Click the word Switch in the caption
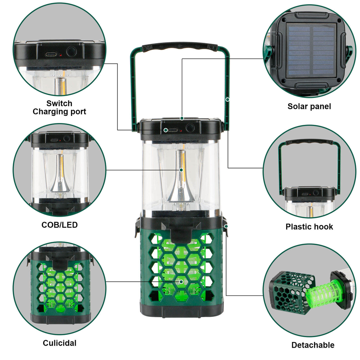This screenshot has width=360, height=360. coord(59,103)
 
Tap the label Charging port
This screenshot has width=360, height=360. coord(59,112)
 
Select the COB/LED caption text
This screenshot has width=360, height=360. coord(60,225)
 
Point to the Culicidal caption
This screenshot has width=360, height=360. coord(60,343)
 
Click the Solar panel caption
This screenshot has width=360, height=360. coord(309,106)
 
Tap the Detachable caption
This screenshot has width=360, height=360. coord(313,345)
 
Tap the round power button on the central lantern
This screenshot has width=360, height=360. coord(190,127)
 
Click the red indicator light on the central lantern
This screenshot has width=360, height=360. coord(181,131)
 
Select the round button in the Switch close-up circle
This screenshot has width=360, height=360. coord(71,51)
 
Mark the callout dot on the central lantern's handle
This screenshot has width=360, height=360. coord(228,99)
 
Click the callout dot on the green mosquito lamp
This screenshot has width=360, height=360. coord(181,282)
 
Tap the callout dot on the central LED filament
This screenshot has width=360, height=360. coord(181,170)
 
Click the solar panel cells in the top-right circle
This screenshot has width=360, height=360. coord(311,51)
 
